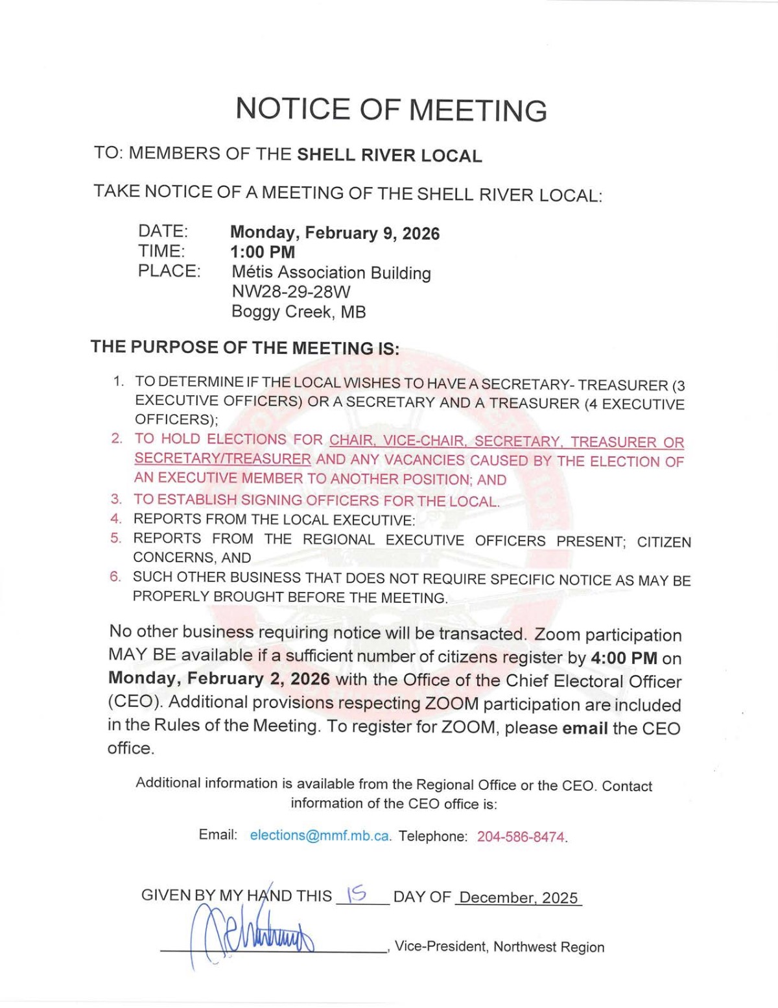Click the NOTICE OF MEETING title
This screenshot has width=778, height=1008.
pos(391,109)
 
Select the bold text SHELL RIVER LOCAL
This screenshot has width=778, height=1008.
pos(389,155)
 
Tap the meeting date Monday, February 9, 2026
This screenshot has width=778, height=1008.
pos(335,233)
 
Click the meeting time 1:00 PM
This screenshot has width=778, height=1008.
pos(263,252)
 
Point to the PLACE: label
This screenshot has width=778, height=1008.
pos(169,271)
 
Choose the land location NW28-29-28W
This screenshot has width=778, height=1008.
pos(281,292)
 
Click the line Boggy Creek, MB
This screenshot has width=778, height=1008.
pos(298,312)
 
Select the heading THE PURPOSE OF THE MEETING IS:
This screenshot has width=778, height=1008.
pos(244,347)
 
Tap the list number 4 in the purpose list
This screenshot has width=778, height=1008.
pos(115,519)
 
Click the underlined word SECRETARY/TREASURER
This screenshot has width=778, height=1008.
pos(222,459)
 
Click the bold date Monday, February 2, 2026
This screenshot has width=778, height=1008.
pos(219,679)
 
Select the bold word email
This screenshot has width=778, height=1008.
pos(585,728)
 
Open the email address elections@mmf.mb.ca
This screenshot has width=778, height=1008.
pos(320,836)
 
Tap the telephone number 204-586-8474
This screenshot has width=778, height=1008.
pos(521,837)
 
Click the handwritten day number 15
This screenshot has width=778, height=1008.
pos(357,895)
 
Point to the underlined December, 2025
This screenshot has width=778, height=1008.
pos(518,898)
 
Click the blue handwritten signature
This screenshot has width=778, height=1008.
pos(253,934)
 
